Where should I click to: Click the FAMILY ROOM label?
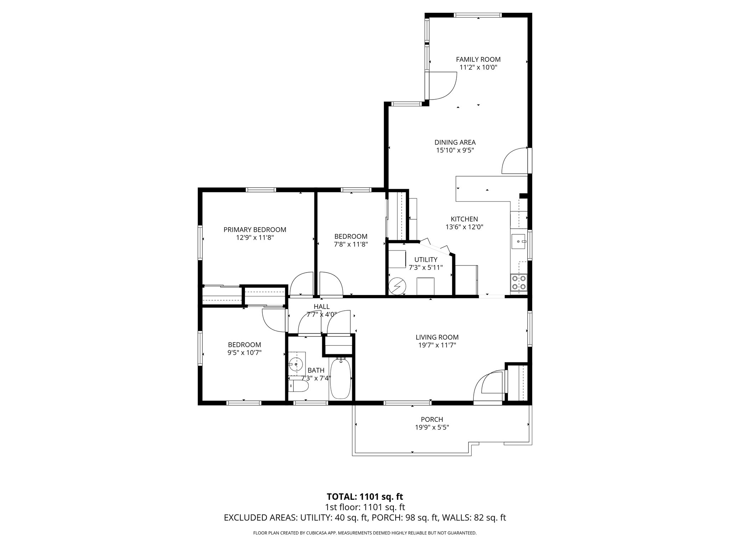[x=478, y=60]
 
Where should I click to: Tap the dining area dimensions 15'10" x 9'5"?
[x=455, y=151]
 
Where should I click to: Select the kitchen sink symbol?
[x=519, y=242]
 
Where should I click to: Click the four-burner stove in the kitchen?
[x=518, y=283]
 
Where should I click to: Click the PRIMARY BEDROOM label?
[x=255, y=230]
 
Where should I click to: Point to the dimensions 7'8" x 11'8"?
[x=351, y=245]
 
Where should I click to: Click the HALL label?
[x=322, y=307]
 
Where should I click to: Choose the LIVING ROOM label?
[x=437, y=337]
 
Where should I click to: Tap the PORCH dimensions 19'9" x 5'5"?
[x=432, y=427]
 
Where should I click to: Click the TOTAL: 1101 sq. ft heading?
[x=365, y=497]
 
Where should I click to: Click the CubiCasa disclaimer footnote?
[x=365, y=533]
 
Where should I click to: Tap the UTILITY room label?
[x=426, y=260]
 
